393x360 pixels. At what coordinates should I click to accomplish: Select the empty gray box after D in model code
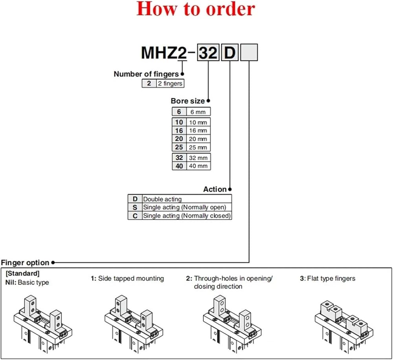(x=248, y=52)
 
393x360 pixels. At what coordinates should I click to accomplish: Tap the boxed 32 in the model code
(x=208, y=52)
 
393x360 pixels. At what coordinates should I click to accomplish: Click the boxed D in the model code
(x=229, y=52)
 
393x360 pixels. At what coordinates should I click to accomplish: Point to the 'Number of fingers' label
(x=146, y=74)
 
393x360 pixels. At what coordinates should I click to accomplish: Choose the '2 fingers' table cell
(x=170, y=83)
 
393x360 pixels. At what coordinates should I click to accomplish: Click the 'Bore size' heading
(x=187, y=101)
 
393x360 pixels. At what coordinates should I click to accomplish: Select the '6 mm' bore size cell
(x=198, y=112)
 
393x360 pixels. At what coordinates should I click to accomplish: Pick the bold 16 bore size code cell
(x=179, y=130)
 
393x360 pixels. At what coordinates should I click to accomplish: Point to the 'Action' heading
(x=215, y=189)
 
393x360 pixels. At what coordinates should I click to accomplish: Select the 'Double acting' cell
(x=162, y=199)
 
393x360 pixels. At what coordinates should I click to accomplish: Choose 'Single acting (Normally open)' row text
(x=184, y=207)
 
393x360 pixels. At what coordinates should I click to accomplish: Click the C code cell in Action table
(x=135, y=216)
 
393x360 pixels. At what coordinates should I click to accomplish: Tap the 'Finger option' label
(x=25, y=263)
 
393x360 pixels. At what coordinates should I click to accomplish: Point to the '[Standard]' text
(x=22, y=273)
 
